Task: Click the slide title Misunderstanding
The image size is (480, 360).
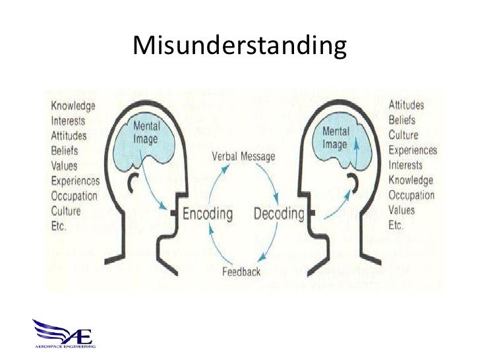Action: pyautogui.click(x=239, y=46)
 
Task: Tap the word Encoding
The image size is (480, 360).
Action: pyautogui.click(x=208, y=214)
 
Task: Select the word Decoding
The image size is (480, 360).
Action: pyautogui.click(x=280, y=214)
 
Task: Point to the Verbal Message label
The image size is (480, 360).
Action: pyautogui.click(x=243, y=157)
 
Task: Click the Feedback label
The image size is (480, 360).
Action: pyautogui.click(x=241, y=272)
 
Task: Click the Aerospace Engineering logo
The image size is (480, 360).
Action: pyautogui.click(x=65, y=334)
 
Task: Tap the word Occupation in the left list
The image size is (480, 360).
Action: pyautogui.click(x=74, y=196)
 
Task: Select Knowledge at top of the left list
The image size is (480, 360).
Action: pyautogui.click(x=73, y=105)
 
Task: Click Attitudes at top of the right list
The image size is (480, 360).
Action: pyautogui.click(x=406, y=105)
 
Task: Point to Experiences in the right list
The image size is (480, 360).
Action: pyautogui.click(x=413, y=150)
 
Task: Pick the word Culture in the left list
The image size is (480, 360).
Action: pyautogui.click(x=66, y=211)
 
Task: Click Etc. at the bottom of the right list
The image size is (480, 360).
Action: pyautogui.click(x=396, y=225)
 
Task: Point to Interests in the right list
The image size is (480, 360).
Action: pyautogui.click(x=406, y=165)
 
